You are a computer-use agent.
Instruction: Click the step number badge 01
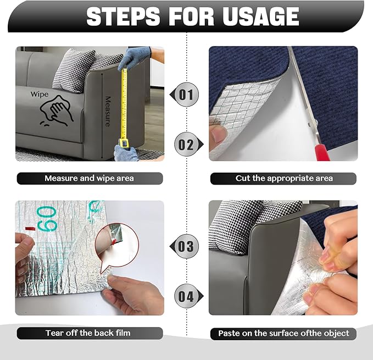(186, 95)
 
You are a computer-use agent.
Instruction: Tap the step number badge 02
(186, 145)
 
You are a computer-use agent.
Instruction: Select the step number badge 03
(186, 246)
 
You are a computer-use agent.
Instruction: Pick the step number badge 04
(186, 297)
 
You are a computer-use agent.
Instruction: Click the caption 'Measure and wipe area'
(90, 178)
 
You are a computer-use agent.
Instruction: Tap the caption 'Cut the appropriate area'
(283, 178)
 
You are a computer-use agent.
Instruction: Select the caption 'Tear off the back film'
(90, 333)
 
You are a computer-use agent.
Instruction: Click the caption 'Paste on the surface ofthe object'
(283, 333)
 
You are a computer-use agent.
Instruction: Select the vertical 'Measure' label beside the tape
(108, 110)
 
